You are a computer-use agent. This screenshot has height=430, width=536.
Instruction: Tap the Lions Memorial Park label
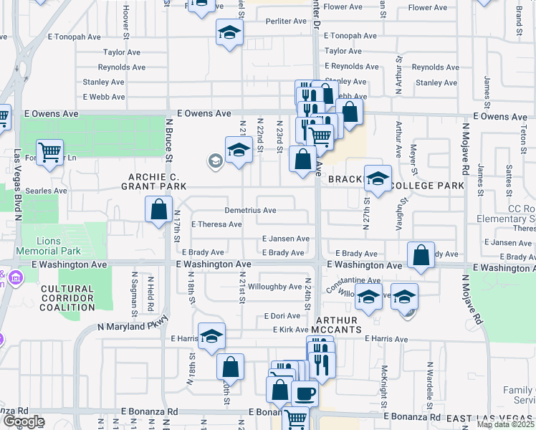click(50, 246)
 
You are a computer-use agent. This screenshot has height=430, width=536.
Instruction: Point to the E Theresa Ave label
click(216, 224)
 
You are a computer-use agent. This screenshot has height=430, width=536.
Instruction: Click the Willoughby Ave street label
click(275, 287)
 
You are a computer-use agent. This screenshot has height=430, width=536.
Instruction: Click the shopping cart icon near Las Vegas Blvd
click(49, 151)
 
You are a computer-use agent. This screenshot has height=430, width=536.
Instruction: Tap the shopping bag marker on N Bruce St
click(158, 209)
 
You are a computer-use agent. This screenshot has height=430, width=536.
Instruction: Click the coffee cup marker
click(305, 392)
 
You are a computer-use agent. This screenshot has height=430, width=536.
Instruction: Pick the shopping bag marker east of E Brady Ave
click(421, 254)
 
